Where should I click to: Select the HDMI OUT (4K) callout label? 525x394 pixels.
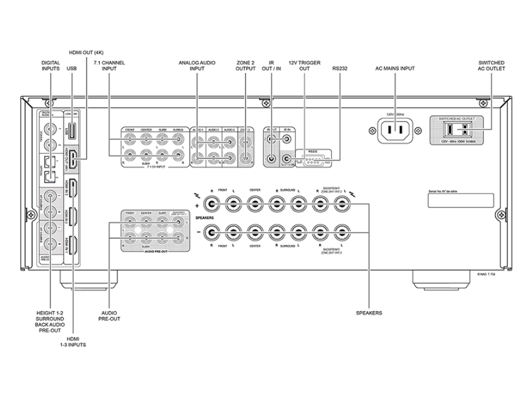click(x=85, y=52)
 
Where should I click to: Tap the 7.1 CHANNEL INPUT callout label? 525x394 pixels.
click(x=109, y=67)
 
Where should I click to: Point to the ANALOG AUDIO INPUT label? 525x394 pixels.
click(x=196, y=67)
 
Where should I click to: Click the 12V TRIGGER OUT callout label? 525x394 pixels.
click(x=304, y=67)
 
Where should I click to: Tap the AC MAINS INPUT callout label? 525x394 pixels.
click(x=395, y=67)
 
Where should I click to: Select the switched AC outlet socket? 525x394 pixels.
click(x=462, y=130)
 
